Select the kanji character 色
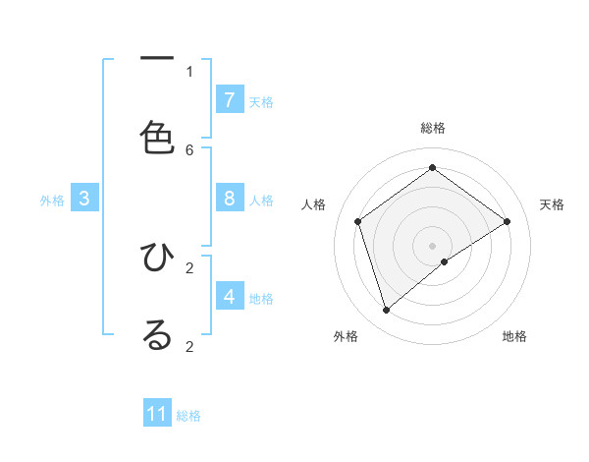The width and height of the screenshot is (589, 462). (x=157, y=137)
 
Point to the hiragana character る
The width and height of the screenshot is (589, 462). (x=157, y=335)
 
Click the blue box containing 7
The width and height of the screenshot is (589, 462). (x=230, y=99)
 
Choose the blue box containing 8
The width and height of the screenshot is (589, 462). (x=230, y=199)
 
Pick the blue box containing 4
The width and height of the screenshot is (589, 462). (x=230, y=296)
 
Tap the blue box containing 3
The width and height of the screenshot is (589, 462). (x=84, y=199)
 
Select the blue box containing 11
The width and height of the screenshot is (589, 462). (x=157, y=414)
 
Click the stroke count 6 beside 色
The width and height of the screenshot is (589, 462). (x=189, y=149)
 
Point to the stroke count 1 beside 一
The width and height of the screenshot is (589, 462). (x=189, y=71)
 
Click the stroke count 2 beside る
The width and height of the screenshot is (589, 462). (x=189, y=346)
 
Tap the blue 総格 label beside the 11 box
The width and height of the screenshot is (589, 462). (x=188, y=416)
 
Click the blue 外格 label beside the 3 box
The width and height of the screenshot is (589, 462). (x=52, y=201)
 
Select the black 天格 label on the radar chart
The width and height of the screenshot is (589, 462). (x=552, y=204)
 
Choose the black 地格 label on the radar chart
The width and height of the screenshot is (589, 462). (x=514, y=336)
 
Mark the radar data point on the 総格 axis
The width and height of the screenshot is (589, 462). (x=432, y=168)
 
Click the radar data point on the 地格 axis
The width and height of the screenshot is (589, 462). (x=445, y=261)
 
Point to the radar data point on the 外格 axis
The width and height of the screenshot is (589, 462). (x=387, y=311)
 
